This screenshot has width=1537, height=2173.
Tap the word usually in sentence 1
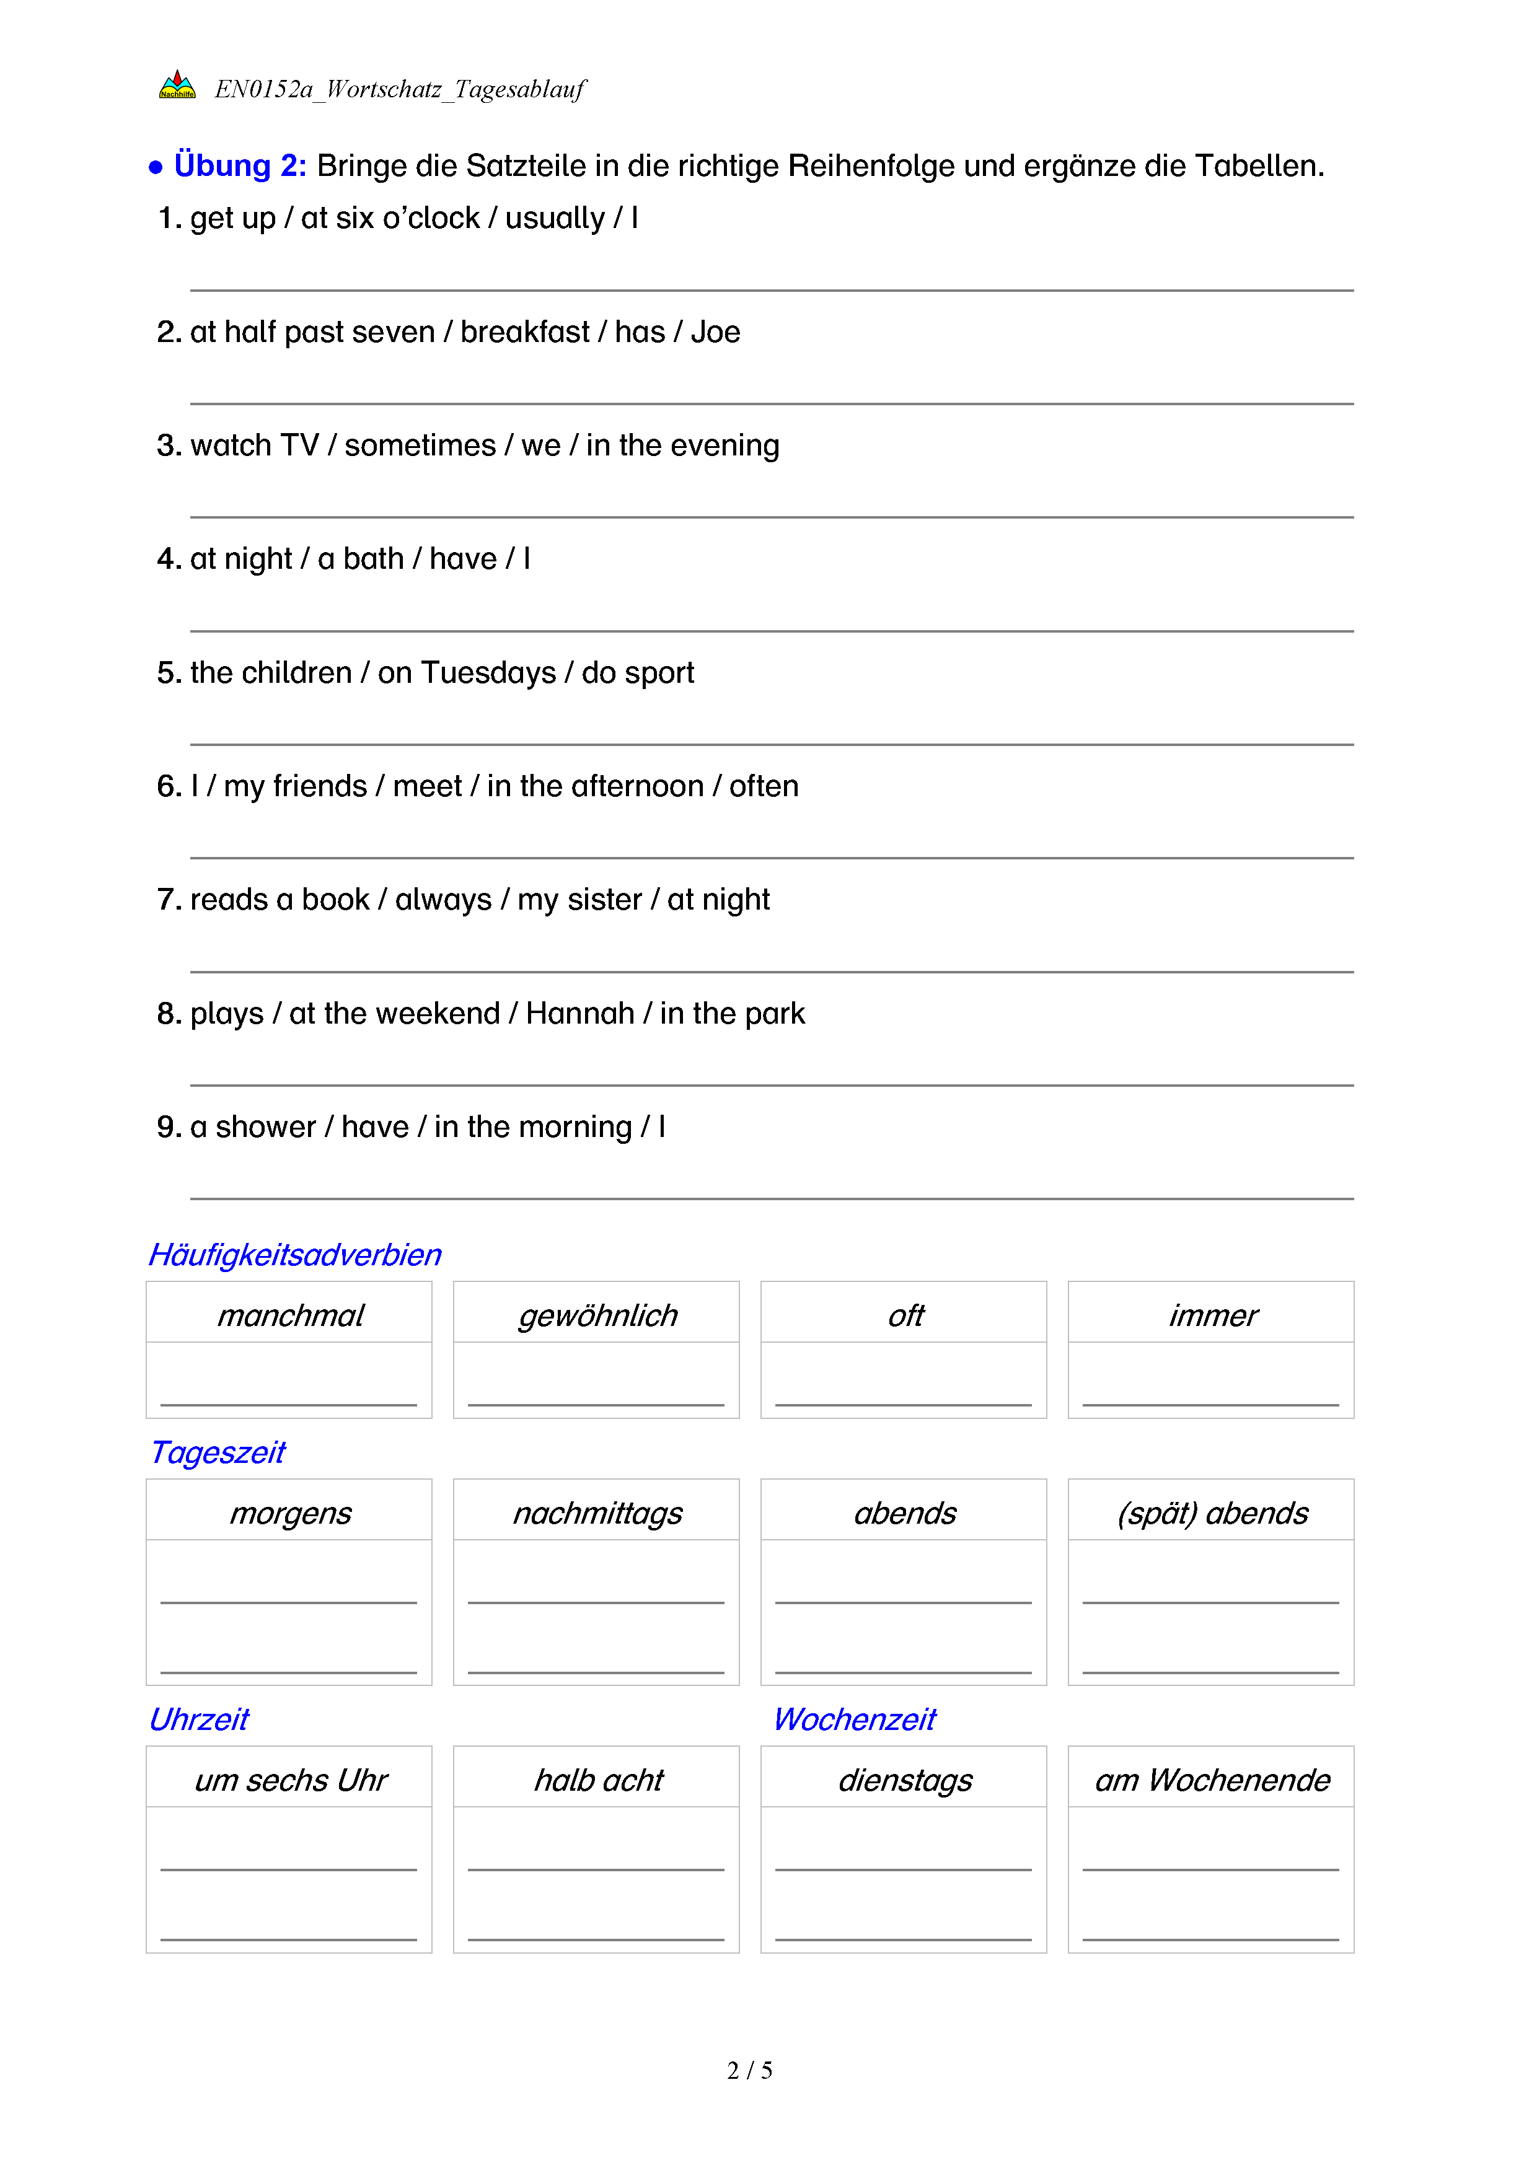(555, 219)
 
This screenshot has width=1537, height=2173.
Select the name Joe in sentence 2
(715, 332)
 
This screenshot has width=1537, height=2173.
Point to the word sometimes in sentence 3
(420, 446)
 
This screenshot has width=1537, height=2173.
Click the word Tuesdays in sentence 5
(488, 673)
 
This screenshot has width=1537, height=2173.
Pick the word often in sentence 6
(764, 786)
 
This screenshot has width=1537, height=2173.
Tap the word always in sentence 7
(443, 900)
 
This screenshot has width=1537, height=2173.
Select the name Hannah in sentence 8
(580, 1014)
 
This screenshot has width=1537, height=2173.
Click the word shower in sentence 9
(266, 1127)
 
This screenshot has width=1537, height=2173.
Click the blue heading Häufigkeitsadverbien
(295, 1255)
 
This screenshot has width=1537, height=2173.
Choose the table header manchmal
(289, 1315)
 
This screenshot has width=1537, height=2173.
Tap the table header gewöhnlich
(597, 1315)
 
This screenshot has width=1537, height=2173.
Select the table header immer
(1212, 1315)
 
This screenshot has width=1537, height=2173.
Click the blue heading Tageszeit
(218, 1453)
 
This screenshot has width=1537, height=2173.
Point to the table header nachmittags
(597, 1513)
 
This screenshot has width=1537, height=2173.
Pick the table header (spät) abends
(1212, 1513)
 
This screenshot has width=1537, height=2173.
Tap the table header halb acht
(598, 1780)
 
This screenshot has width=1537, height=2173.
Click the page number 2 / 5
(749, 2071)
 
